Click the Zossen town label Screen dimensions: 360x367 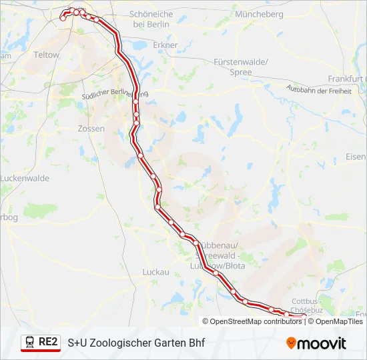coord(91,129)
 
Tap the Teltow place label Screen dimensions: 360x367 coord(47,55)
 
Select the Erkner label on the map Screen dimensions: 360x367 coord(165,45)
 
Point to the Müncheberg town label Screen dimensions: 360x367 coord(260,14)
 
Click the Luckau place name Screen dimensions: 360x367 coord(156,272)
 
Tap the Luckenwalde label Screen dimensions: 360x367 coord(25,179)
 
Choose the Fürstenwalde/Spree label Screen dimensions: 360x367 coord(241,67)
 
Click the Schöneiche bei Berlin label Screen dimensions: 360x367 coord(151,19)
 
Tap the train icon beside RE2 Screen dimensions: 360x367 coord(30,343)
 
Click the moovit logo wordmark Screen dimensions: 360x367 coord(322,343)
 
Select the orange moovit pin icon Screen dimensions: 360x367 coord(291,343)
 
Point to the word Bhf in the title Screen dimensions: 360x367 coord(195,343)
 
